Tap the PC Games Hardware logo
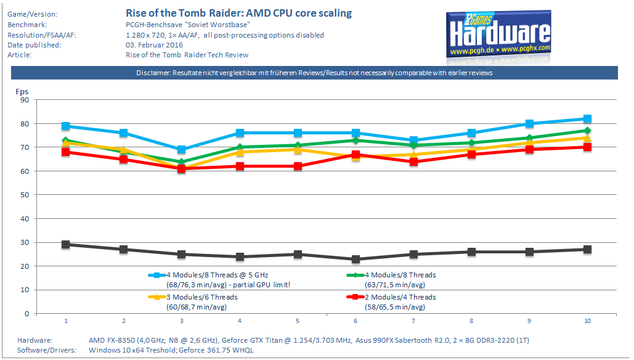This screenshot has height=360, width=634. (498, 35)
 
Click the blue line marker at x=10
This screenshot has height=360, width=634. (587, 119)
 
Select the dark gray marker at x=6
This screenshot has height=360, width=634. (356, 260)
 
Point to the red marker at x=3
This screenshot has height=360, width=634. (182, 169)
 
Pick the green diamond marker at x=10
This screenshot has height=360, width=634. (587, 131)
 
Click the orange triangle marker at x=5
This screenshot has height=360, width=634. (298, 150)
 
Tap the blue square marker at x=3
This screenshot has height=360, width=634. (182, 150)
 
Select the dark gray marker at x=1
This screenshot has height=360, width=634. (66, 245)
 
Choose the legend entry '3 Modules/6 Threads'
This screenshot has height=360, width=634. (201, 297)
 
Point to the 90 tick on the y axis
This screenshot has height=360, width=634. (25, 100)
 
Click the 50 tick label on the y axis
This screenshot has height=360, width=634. (25, 195)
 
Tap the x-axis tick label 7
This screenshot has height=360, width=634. (413, 321)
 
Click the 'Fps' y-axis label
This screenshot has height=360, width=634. (22, 92)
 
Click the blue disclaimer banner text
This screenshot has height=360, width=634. (314, 73)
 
